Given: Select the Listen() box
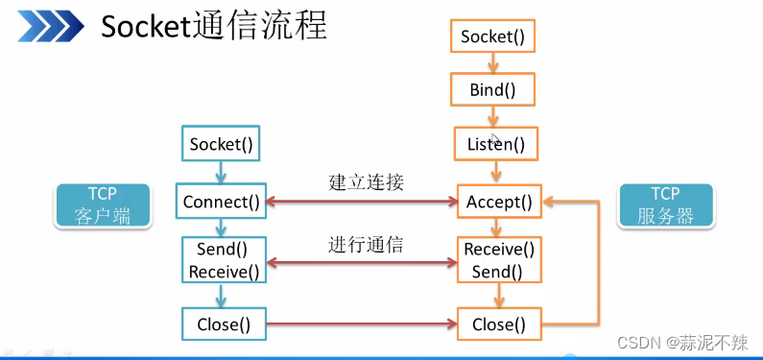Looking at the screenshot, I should (495, 145).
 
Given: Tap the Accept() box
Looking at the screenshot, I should (498, 202).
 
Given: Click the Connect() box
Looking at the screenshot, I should (222, 202).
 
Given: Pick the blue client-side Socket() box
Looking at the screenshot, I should (222, 145).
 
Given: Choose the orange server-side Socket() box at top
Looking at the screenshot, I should (492, 36).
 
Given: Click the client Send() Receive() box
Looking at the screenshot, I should (223, 260).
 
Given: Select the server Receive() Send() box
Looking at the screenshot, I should (498, 260).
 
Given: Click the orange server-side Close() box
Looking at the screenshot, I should (498, 324).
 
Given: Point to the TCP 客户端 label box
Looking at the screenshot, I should (102, 205).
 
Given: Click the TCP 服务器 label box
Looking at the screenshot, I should (665, 205).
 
